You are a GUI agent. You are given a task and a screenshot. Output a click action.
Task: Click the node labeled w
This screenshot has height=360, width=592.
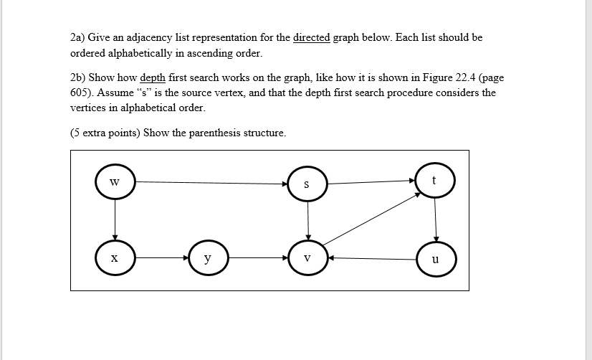115,181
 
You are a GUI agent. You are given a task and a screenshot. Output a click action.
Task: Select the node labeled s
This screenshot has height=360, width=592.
307,184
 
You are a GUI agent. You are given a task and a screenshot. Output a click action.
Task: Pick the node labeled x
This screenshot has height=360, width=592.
115,257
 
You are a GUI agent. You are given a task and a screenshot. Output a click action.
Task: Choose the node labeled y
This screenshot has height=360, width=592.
208,257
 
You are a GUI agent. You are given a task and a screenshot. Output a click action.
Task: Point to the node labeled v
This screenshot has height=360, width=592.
307,257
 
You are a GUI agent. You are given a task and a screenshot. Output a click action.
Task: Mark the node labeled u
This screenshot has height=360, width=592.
436,258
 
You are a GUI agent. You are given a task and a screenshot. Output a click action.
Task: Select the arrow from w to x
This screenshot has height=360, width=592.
115,219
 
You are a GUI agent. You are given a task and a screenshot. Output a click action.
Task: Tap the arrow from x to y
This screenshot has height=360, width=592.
161,257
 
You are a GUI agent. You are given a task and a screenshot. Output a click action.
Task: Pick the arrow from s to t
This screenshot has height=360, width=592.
371,182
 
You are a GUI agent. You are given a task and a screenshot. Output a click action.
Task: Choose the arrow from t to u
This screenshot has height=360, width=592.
436,219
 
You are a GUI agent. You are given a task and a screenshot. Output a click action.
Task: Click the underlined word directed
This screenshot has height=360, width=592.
312,37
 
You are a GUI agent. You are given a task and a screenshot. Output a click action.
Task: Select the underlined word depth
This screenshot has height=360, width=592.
153,77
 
